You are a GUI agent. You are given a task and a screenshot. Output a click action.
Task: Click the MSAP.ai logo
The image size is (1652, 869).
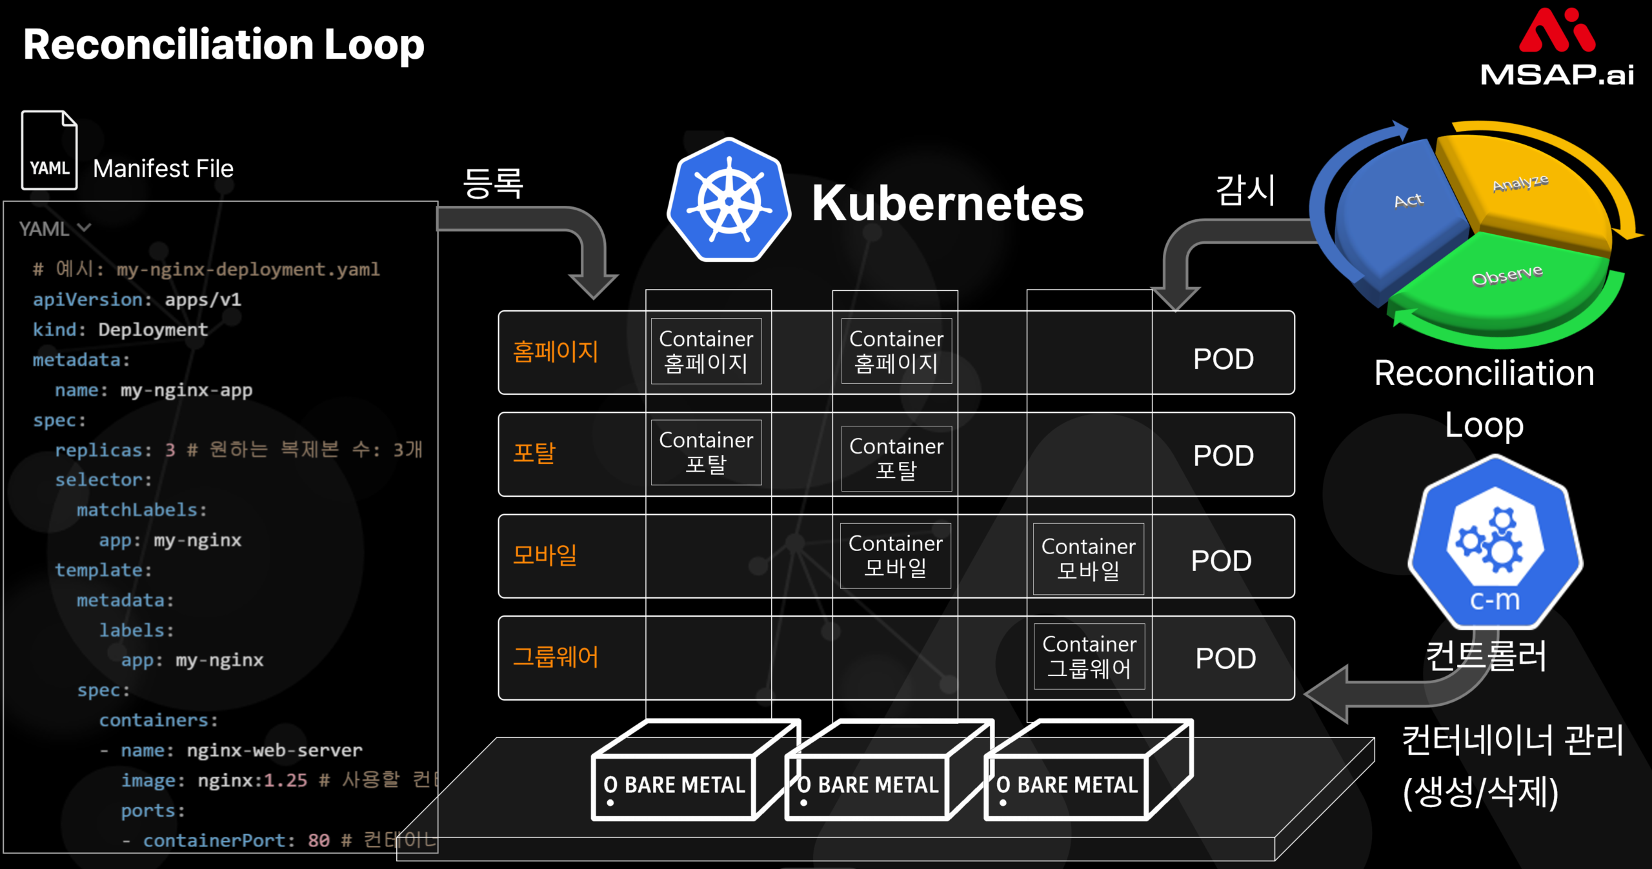pos(1556,48)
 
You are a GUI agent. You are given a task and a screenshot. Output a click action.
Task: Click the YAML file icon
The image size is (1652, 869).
pos(50,151)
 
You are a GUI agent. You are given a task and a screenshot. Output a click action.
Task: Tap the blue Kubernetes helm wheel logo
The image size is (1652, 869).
pos(729,201)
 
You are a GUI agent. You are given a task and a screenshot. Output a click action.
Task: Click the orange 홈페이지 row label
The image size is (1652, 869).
pos(556,352)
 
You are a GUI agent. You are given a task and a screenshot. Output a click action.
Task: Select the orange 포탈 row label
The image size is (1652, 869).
pos(534,453)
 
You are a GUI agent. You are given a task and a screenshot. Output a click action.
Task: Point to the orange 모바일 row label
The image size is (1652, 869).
pos(545,555)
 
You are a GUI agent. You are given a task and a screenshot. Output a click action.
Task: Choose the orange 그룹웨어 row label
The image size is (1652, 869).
pos(556,657)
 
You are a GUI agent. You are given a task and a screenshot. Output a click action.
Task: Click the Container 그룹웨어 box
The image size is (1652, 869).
pos(1089,656)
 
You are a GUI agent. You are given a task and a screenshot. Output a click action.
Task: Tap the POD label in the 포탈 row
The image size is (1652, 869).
pos(1224,456)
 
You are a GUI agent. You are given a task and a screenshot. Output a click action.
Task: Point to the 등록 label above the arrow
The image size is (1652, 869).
pos(493,183)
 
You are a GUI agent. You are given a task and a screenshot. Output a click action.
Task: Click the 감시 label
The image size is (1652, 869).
pos(1245,190)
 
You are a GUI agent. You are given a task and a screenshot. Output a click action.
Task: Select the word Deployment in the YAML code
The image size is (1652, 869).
pos(153,330)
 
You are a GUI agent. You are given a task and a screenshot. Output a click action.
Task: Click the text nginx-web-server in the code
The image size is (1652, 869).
pos(274,750)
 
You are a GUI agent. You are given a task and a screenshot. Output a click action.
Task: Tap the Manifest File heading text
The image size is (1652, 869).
pos(163,169)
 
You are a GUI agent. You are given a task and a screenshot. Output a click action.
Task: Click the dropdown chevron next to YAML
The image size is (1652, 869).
pos(84,228)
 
